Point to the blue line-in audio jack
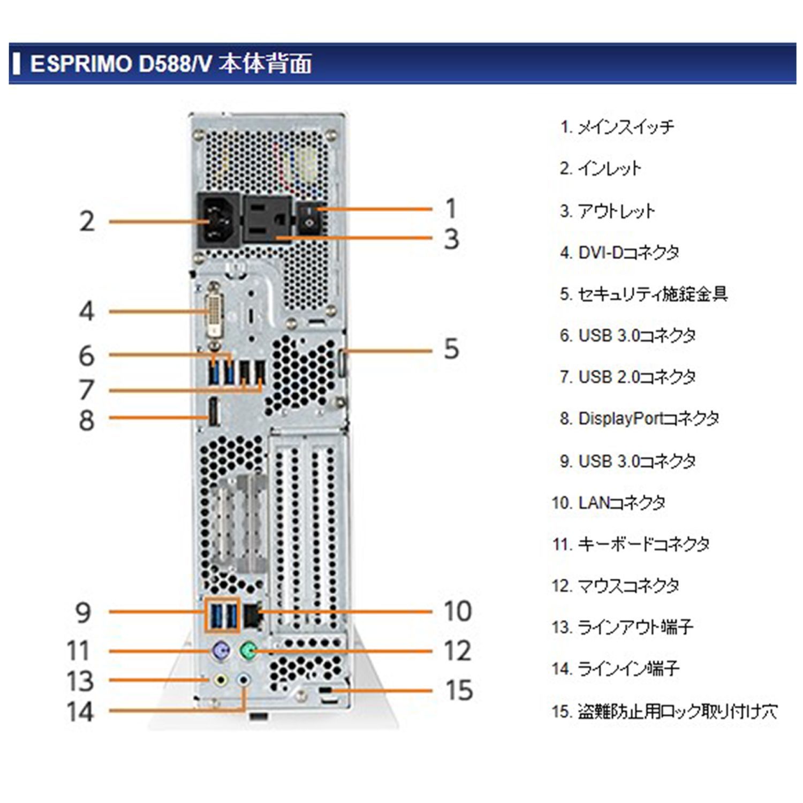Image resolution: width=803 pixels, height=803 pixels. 244,680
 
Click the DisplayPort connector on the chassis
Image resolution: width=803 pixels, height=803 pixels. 213,413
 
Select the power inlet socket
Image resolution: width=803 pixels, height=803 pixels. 218,220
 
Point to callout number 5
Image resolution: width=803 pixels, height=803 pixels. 451,349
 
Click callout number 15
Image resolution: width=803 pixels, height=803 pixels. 459,690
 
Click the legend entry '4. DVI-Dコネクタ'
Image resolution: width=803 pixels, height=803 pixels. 619,252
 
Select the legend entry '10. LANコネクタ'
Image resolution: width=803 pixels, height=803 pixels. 609,503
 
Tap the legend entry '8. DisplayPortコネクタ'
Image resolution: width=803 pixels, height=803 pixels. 639,419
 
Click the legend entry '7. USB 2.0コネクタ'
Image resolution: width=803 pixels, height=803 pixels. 627,377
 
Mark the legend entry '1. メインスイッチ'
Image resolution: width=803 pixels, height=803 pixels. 617,127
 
